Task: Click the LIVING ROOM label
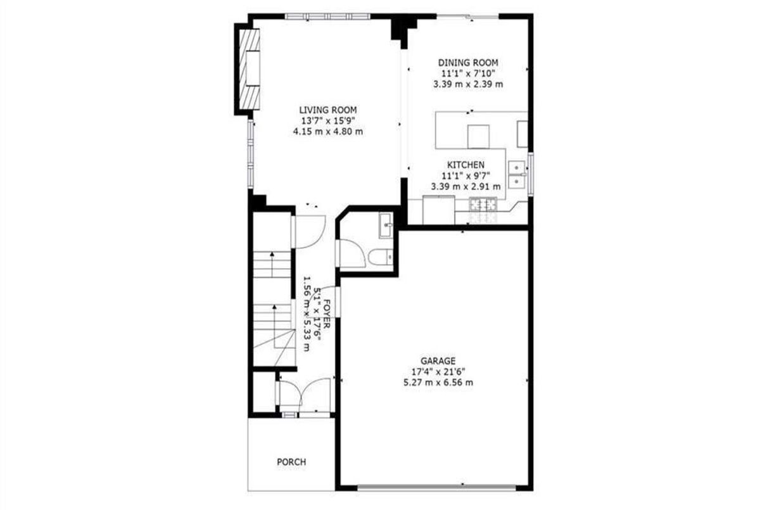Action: tap(328, 110)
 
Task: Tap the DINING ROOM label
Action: tap(468, 63)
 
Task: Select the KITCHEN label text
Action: tap(465, 165)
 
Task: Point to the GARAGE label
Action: tap(438, 360)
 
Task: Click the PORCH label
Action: tap(291, 462)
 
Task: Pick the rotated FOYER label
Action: tap(327, 314)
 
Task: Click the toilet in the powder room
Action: tap(381, 257)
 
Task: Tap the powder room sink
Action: tap(386, 226)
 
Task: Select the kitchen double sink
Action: tap(517, 175)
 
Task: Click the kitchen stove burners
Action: tap(483, 205)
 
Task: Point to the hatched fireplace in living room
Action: tap(250, 69)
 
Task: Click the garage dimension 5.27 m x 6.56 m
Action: tap(438, 383)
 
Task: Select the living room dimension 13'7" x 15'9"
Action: tap(328, 121)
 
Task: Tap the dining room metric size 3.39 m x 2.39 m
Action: tap(468, 84)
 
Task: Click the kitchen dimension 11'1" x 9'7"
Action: tap(465, 175)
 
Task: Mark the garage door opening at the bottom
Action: tap(436, 488)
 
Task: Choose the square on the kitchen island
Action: tap(478, 137)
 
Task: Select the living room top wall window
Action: tap(327, 16)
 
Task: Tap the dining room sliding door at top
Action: tap(467, 16)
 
